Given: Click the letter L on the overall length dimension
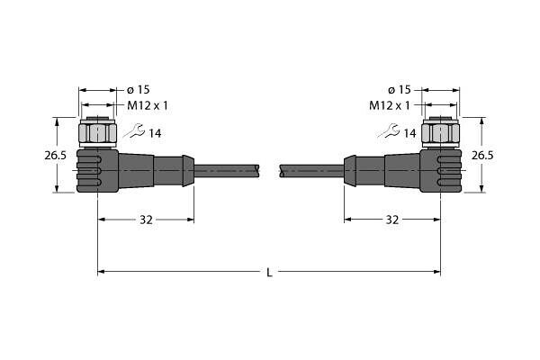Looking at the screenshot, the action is click(x=269, y=273).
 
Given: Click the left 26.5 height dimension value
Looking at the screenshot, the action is click(x=55, y=156).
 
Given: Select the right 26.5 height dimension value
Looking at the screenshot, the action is click(x=482, y=156).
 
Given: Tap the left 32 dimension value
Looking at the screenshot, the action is click(x=146, y=220).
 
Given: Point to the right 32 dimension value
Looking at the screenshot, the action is click(x=391, y=220).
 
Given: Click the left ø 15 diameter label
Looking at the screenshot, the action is click(x=139, y=90).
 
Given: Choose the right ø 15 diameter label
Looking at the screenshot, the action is click(x=400, y=90).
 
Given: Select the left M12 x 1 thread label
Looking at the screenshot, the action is click(x=148, y=105).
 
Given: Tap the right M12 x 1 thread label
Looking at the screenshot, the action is click(x=390, y=105).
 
